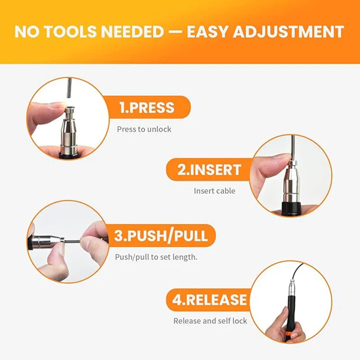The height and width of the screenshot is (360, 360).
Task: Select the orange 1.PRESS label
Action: pos(147,108)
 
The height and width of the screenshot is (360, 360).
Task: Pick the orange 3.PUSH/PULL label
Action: pos(161,236)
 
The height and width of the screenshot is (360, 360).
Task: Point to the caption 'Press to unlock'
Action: pos(144,129)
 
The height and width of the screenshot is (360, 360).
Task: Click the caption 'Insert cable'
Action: pos(214,191)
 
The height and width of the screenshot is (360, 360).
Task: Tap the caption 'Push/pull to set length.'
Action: pos(156,257)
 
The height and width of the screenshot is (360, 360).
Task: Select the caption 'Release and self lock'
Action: pos(210,321)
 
